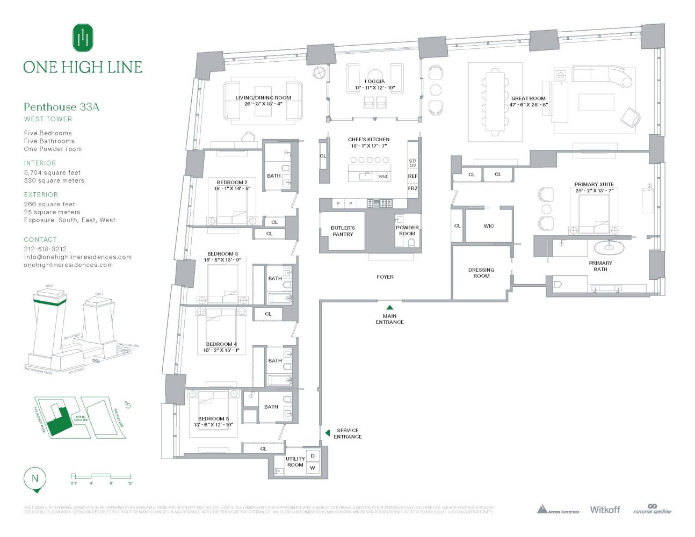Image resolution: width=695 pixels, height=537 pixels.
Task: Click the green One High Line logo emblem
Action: click(83, 38)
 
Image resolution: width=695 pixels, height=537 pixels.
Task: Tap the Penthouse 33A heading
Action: click(61, 107)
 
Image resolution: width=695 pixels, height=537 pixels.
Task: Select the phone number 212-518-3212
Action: click(45, 249)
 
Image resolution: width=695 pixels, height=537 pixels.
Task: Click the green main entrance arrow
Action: click(390, 308)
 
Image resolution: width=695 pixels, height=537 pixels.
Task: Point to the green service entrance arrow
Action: click(328, 433)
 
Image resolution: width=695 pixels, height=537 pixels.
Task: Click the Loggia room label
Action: click(375, 82)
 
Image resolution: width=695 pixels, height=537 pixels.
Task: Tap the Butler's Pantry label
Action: click(343, 231)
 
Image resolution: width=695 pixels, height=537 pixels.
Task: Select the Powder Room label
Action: click(407, 230)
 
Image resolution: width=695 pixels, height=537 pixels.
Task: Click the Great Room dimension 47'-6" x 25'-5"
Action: click(529, 105)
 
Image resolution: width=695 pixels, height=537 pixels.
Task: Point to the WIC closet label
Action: click(489, 226)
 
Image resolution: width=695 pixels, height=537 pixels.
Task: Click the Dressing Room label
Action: click(481, 273)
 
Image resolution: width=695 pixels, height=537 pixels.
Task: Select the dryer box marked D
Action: click(313, 456)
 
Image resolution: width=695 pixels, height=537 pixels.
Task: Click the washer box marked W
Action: click(313, 468)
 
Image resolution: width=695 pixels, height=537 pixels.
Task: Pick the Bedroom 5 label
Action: click(213, 419)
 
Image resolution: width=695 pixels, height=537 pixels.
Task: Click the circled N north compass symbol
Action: click(35, 478)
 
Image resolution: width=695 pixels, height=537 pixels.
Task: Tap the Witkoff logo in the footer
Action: click(605, 510)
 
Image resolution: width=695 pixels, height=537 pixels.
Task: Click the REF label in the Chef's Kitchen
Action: click(412, 176)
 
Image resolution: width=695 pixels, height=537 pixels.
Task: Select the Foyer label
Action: click(385, 277)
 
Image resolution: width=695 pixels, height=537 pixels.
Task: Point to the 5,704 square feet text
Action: click(52, 173)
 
